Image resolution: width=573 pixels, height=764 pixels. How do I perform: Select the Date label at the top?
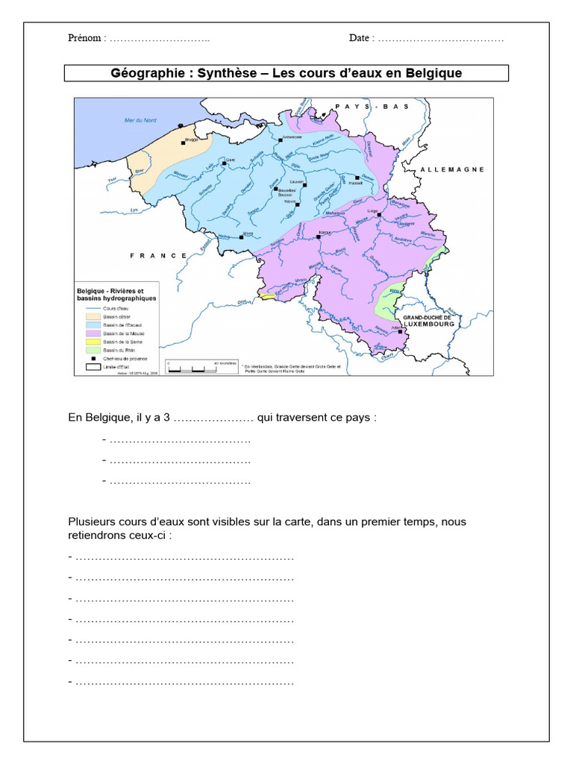(x=359, y=38)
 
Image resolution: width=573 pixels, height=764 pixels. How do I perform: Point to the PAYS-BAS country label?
(x=372, y=107)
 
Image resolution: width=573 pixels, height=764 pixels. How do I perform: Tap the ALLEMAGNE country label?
(x=452, y=169)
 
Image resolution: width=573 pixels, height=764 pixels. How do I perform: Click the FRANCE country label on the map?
(x=159, y=255)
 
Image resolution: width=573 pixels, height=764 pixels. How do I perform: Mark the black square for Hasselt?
(x=357, y=178)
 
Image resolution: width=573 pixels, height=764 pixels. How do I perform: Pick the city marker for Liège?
(x=380, y=215)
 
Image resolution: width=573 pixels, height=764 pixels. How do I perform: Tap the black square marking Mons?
(x=241, y=237)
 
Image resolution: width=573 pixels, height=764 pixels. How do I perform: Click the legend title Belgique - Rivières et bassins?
(x=116, y=294)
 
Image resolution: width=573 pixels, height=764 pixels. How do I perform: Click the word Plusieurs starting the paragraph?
(x=91, y=522)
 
